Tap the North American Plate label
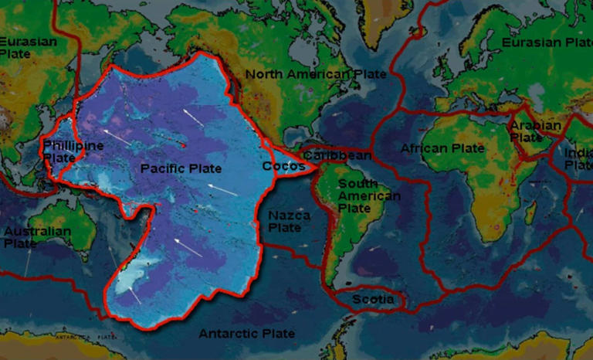coord(315,74)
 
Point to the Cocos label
coord(279,165)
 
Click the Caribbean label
coord(336,155)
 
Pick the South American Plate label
coord(370,196)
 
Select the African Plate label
coord(442,148)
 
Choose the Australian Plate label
coord(36,237)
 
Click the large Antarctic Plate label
coord(247,334)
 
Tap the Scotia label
coord(373,299)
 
